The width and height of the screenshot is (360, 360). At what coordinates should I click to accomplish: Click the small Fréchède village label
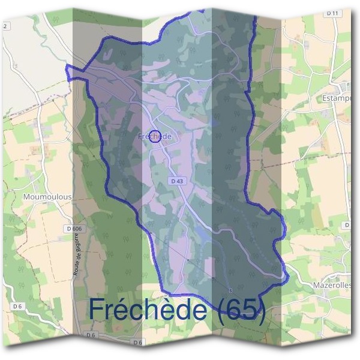(x=155, y=137)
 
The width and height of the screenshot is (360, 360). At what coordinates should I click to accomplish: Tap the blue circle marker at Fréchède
(x=155, y=137)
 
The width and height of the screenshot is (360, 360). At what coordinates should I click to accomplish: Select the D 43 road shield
(x=176, y=180)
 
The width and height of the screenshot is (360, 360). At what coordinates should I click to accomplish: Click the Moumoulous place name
(x=47, y=196)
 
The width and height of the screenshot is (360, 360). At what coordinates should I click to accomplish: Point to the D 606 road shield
(x=74, y=229)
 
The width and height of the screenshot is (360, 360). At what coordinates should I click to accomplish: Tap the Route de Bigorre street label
(x=78, y=256)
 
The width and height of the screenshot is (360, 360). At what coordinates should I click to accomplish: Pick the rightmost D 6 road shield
(x=138, y=342)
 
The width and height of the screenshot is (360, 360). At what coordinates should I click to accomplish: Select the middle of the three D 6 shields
(x=91, y=335)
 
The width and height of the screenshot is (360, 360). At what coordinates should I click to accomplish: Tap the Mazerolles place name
(x=332, y=286)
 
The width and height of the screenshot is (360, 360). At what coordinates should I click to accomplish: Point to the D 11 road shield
(x=333, y=13)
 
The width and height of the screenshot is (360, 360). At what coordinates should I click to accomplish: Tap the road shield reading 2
(x=5, y=26)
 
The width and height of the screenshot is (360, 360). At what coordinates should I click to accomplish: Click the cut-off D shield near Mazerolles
(x=347, y=224)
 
